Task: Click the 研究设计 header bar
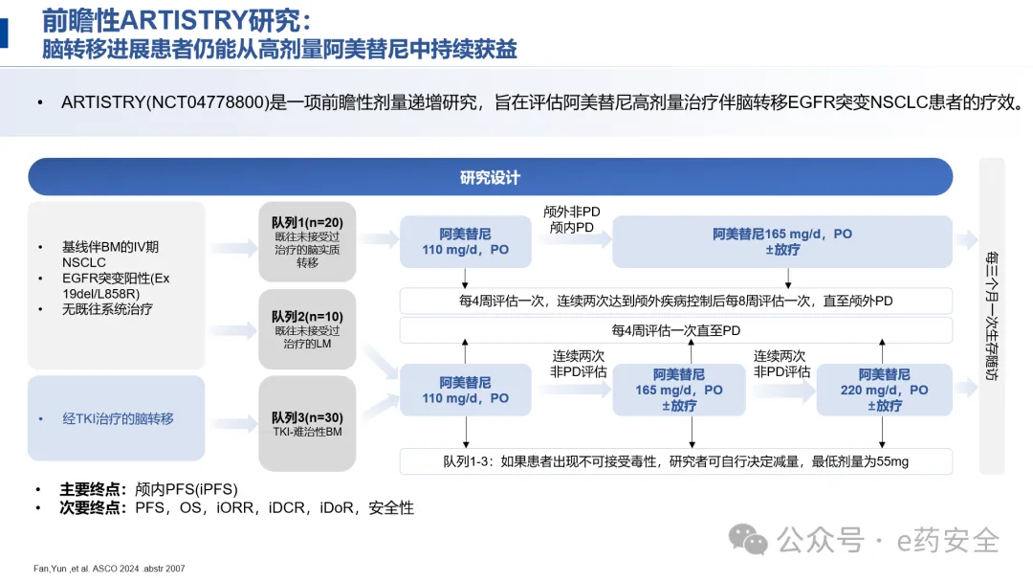click(490, 177)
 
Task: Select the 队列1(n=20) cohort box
click(307, 241)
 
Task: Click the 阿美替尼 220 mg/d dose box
click(884, 390)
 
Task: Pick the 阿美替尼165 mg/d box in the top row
click(781, 241)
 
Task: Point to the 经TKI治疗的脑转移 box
click(118, 418)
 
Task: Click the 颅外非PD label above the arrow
click(571, 213)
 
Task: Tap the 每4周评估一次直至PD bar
click(675, 330)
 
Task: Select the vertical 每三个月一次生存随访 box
click(992, 316)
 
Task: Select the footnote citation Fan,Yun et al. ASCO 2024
click(96, 569)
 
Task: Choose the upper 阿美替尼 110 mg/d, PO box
click(466, 241)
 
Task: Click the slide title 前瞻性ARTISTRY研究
click(177, 20)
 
